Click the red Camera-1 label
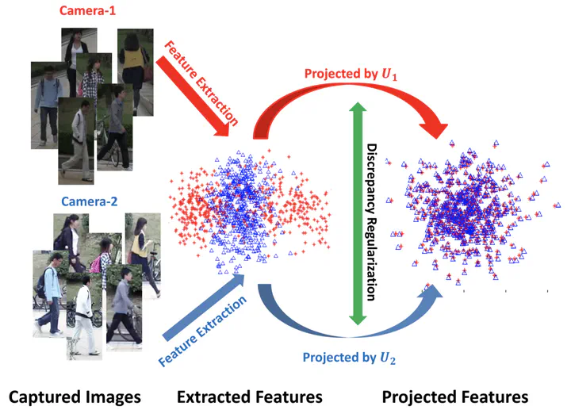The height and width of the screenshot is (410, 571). coord(87,10)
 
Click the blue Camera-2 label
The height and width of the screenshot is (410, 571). coord(89,201)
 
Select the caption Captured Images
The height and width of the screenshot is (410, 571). coord(75,397)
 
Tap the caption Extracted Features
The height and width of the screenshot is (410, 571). coord(250,397)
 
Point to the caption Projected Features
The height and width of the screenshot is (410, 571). coord(455,397)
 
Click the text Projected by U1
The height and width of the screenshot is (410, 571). coord(351,74)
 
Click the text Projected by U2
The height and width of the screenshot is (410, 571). coord(349,358)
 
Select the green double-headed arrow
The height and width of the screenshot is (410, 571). coord(358,213)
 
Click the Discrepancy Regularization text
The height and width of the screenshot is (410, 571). coord(371,222)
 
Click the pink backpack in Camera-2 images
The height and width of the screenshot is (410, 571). coord(96,264)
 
